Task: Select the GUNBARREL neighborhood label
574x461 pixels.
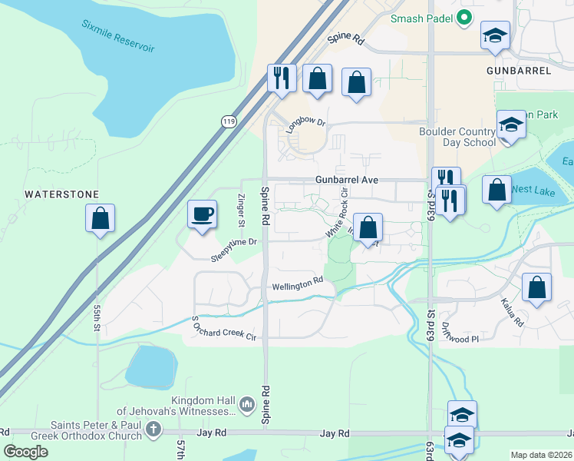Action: pos(519,70)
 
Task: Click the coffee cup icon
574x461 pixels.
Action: pos(203,214)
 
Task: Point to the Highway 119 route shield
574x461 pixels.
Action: pos(227,121)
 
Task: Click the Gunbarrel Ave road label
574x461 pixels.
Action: pos(347,179)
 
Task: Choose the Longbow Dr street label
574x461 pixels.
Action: pos(306,122)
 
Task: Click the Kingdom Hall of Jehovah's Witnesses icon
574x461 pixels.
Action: pos(246,403)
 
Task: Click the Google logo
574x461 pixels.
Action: pos(26,452)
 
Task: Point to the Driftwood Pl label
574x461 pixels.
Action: pos(460,332)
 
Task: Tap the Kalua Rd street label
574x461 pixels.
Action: pos(513,312)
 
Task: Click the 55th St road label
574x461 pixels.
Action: pos(97,316)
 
